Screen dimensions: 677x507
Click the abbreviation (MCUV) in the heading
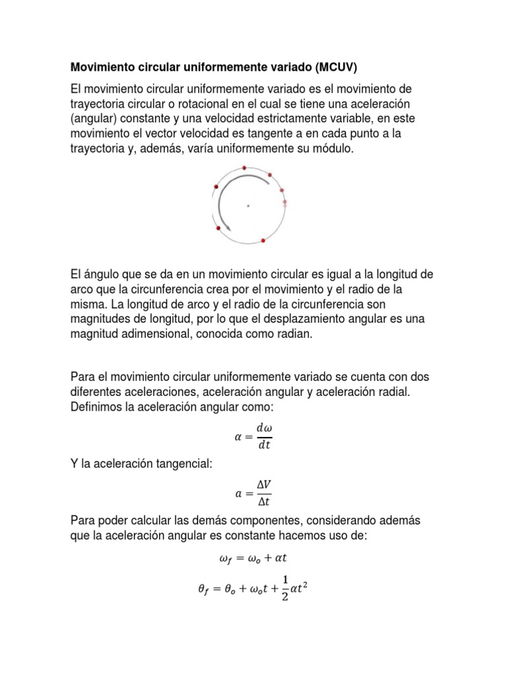339,68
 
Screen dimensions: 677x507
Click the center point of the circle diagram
248,206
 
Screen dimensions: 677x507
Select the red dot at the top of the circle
245,168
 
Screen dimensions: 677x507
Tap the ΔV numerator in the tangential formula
264,486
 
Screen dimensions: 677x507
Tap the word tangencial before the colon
178,465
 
